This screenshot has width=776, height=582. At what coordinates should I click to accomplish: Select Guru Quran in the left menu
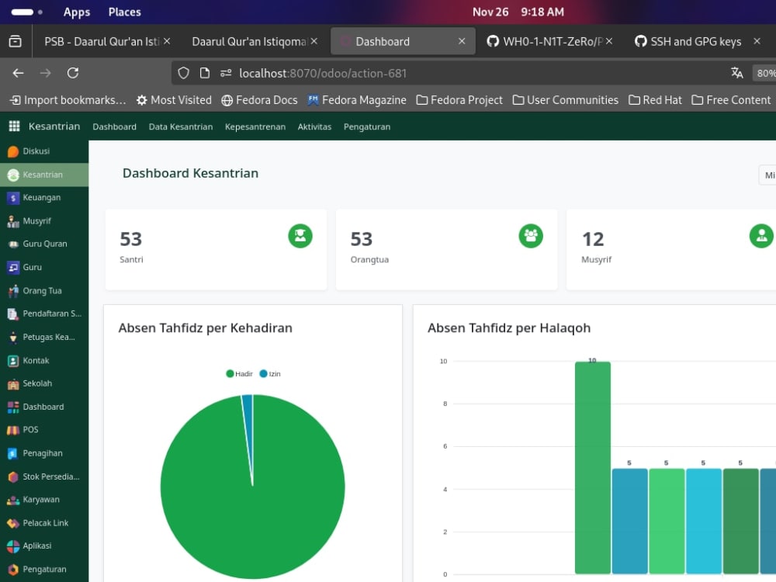pos(44,244)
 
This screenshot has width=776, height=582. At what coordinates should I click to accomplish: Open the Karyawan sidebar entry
pos(40,500)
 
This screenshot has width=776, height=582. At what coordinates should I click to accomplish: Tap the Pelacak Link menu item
pos(45,523)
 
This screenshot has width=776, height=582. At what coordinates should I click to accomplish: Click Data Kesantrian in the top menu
pos(180,126)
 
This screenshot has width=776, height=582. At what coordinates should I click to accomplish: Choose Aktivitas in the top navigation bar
pos(314,126)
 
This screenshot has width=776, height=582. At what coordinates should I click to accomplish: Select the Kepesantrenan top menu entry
pos(255,126)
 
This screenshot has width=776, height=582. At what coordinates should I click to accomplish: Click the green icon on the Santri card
pos(300,236)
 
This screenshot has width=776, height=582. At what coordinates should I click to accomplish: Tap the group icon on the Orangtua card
pos(531,236)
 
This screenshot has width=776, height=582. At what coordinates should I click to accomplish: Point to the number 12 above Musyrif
pos(593,239)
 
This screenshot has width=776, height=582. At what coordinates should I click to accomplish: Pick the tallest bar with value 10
pos(592,466)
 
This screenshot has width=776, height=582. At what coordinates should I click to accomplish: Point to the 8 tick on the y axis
pos(444,404)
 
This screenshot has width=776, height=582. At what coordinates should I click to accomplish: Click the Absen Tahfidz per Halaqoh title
pos(508,328)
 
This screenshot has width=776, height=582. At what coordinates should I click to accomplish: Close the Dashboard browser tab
pos(462,41)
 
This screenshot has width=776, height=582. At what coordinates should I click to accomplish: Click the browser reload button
pos(73,73)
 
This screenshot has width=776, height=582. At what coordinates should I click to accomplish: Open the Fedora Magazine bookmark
pos(356,100)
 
